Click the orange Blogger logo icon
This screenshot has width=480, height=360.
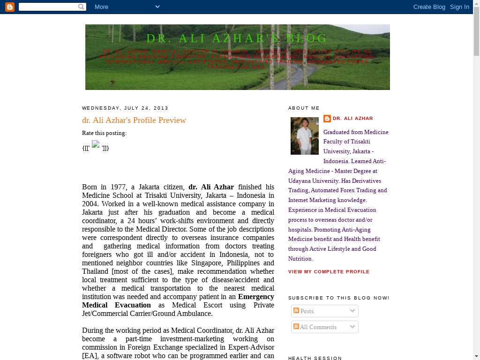coord(10,7)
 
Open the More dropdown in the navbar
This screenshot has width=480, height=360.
coord(127,7)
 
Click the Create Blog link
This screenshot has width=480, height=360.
coord(429,7)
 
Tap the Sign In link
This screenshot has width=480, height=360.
coord(459,7)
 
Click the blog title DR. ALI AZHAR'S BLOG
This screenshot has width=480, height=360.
coord(237,38)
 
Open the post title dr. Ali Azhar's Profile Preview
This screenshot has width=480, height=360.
coord(134,120)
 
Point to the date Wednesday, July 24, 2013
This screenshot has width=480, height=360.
coord(125,108)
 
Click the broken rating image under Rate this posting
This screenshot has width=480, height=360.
coord(96,145)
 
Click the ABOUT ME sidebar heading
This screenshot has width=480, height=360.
coord(304,108)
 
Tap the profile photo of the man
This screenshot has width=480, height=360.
coord(305,136)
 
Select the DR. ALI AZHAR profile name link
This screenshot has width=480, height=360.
coord(352,119)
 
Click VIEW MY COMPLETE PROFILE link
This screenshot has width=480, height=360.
coord(329,272)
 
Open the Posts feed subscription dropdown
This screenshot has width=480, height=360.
coord(324,311)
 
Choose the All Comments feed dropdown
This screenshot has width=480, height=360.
coord(324,327)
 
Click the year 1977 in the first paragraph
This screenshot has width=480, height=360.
coord(118,187)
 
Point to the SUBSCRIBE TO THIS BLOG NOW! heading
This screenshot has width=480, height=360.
coord(338,298)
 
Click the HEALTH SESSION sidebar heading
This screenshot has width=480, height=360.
coord(315,358)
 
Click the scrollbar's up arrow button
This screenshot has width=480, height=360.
coord(476,4)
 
